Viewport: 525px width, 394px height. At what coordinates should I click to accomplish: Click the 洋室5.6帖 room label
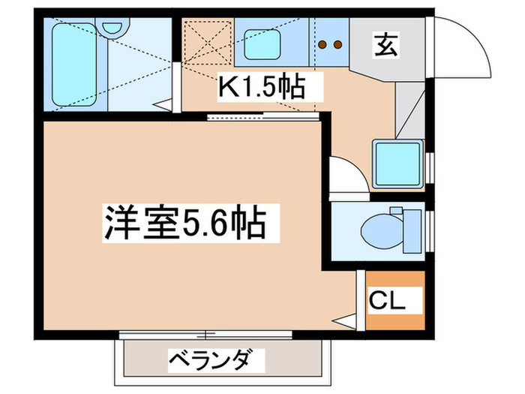coord(183,222)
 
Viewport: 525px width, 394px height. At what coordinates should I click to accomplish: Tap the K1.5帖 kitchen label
coord(261,88)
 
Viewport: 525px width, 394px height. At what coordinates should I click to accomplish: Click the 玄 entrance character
coord(385,45)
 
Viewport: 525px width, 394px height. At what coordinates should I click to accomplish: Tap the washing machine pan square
coord(397,163)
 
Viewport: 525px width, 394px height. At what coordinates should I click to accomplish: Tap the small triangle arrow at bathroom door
coord(162,106)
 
